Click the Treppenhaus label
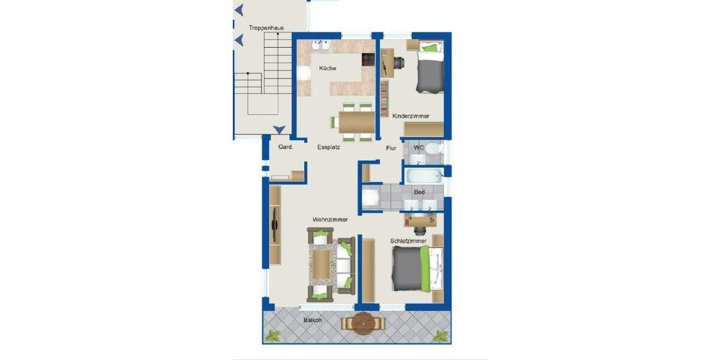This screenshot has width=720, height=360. pos(266,28)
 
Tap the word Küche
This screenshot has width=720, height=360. pos(328,68)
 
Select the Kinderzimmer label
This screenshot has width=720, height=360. pos(410,116)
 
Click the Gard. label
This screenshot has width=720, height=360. pos(285,147)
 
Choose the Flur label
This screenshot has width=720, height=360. pos(391,147)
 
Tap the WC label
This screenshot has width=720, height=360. pos(419,146)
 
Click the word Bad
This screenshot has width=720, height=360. pos(419,192)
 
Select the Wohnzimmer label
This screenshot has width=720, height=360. pos(329,220)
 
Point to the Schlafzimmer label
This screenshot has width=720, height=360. pos(408,241)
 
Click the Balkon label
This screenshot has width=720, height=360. pos(312,320)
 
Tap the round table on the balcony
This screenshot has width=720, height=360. pos(362,324)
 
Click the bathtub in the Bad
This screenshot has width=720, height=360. pos(424,176)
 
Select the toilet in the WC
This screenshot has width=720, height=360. pos(436,148)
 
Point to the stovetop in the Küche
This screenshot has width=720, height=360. pos(367,60)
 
